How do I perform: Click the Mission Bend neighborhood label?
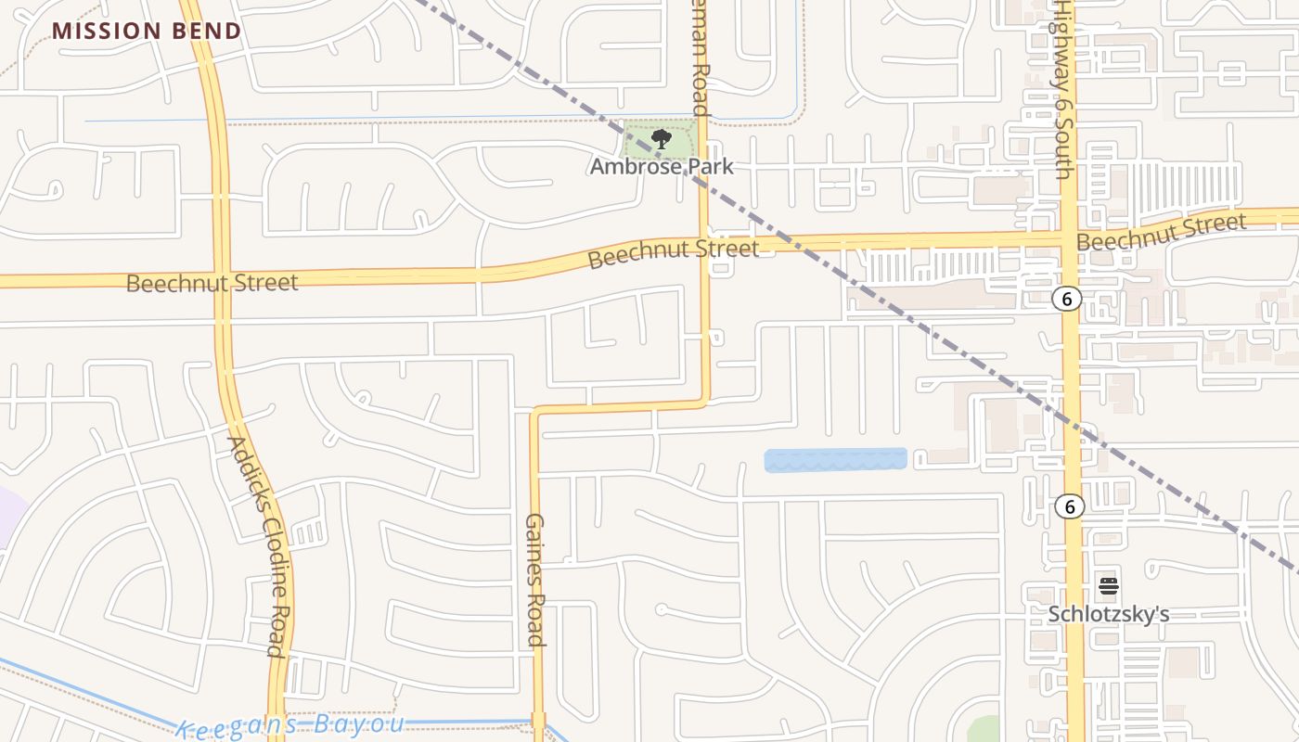point(147,31)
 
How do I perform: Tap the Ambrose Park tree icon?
point(661,140)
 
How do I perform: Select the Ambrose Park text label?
point(662,167)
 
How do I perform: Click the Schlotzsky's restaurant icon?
point(1108,586)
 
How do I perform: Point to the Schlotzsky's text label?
point(1108,614)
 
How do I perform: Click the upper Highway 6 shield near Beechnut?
point(1068,299)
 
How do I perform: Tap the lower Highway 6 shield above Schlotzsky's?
point(1070,506)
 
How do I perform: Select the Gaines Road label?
point(535,579)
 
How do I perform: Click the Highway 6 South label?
point(1063,88)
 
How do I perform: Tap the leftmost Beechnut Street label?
point(212,283)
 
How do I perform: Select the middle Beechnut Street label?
point(673,251)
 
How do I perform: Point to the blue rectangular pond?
point(835,460)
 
